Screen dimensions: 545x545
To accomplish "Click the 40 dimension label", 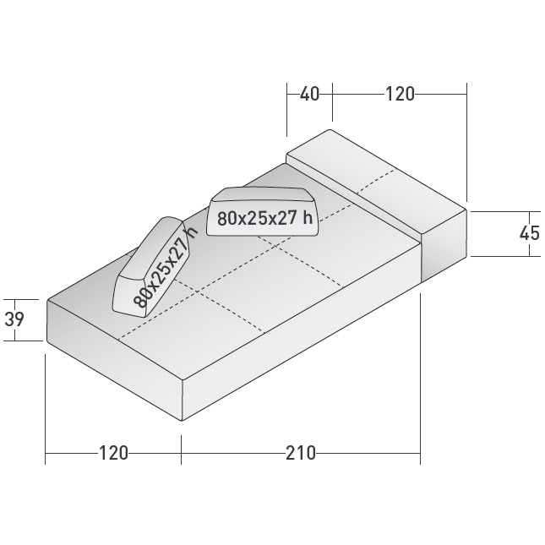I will pyautogui.click(x=309, y=94).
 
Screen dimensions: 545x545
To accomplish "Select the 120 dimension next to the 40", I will pyautogui.click(x=400, y=94).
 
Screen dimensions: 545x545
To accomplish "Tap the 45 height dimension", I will pyautogui.click(x=529, y=232).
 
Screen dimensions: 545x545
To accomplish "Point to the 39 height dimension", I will pyautogui.click(x=15, y=319).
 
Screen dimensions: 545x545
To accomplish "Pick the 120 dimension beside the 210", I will pyautogui.click(x=113, y=454).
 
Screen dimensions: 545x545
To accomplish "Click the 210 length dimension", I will pyautogui.click(x=300, y=454).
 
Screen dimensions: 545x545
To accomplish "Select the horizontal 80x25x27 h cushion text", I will pyautogui.click(x=264, y=218).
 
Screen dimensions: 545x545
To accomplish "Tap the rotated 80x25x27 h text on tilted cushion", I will pyautogui.click(x=163, y=265).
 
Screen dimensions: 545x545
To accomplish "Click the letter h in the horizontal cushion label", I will pyautogui.click(x=309, y=218).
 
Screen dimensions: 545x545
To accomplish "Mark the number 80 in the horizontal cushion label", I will pyautogui.click(x=226, y=218).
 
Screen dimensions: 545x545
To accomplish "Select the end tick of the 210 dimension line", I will pyautogui.click(x=420, y=454).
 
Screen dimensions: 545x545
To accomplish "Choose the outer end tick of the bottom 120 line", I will pyautogui.click(x=46, y=454).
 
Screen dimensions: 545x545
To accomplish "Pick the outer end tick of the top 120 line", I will pyautogui.click(x=466, y=94).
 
